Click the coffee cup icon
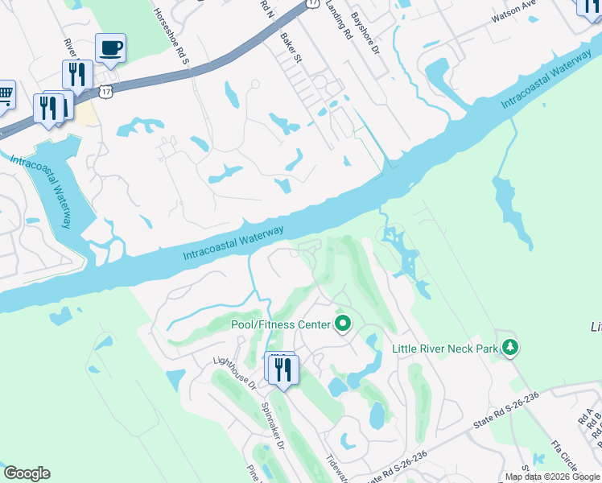point(110,47)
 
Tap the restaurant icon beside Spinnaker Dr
point(282,370)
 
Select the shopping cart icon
point(4,95)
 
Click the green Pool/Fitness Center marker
point(344,324)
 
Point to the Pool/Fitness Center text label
point(281,324)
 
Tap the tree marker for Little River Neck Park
point(509,348)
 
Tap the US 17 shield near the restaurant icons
point(105,92)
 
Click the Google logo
point(27,473)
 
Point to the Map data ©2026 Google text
point(553,477)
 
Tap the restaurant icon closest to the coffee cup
point(77,75)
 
